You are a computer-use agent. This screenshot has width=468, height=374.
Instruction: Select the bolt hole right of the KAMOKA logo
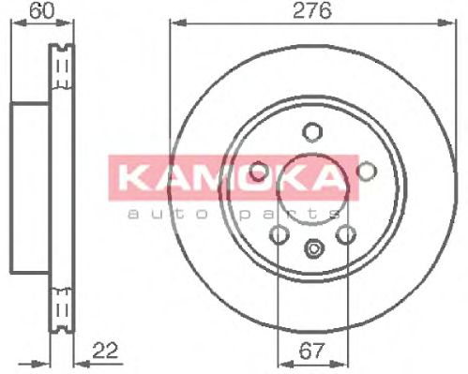pos(366,170)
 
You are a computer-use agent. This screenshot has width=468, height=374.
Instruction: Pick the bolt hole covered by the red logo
pos(260,172)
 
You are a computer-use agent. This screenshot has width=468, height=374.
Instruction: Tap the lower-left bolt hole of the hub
pos(279,233)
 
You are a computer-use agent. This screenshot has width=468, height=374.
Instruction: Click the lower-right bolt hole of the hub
pos(346,233)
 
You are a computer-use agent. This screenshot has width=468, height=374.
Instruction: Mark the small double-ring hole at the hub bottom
pos(313,249)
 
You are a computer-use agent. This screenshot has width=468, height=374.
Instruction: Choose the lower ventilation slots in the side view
pos(64,306)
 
